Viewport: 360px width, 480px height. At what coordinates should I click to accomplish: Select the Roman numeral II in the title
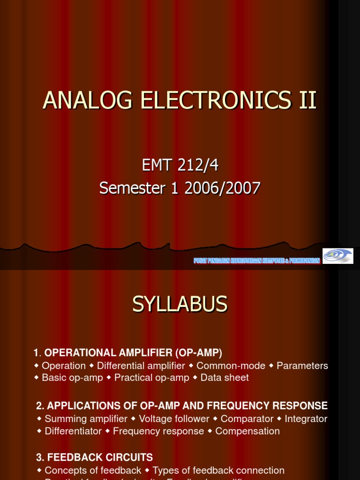(307, 100)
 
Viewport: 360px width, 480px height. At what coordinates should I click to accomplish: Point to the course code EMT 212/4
(180, 165)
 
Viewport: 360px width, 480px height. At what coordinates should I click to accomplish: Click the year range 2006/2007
(222, 188)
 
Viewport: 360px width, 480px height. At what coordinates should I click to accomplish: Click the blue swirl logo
(338, 256)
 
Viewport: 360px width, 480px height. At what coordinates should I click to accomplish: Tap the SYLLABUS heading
(180, 305)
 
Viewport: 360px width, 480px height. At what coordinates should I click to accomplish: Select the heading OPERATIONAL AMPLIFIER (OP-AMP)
(133, 352)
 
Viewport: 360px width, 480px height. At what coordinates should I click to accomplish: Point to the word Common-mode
(231, 366)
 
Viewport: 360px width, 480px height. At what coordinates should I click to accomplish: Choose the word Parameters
(302, 366)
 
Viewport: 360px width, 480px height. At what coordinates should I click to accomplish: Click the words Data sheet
(225, 377)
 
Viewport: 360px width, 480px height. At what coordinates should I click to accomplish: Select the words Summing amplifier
(86, 419)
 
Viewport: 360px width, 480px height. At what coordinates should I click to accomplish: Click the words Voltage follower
(174, 419)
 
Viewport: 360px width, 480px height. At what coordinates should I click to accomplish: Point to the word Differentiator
(73, 431)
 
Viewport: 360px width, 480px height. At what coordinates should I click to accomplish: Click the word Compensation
(247, 431)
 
